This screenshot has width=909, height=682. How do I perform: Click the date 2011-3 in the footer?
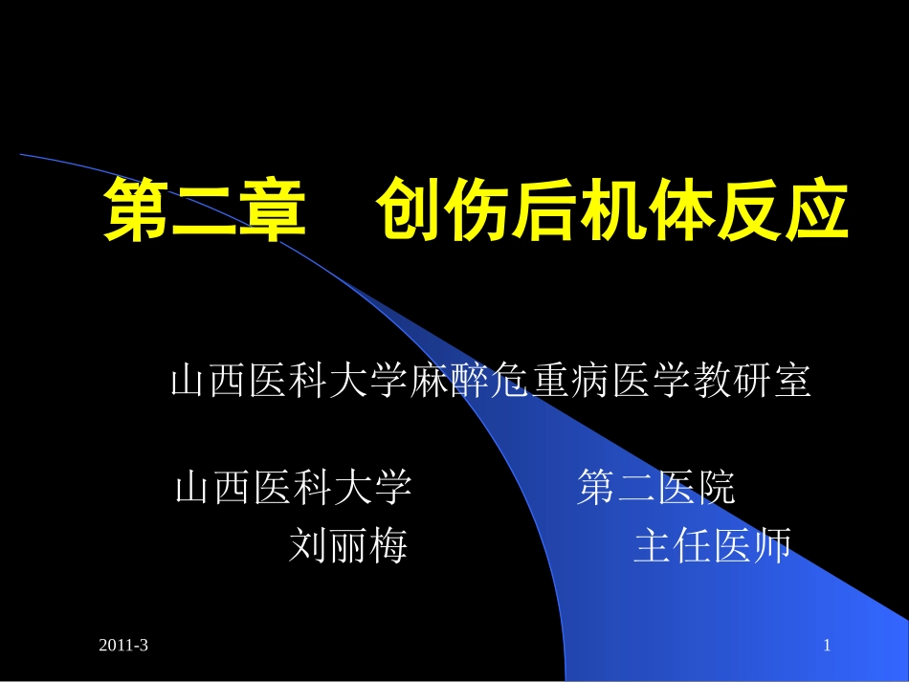pyautogui.click(x=123, y=648)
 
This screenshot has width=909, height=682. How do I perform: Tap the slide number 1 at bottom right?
pyautogui.click(x=828, y=648)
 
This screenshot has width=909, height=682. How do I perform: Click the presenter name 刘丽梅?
pyautogui.click(x=348, y=547)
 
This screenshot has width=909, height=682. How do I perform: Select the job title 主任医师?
pyautogui.click(x=713, y=547)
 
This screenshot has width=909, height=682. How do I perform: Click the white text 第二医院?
pyautogui.click(x=657, y=489)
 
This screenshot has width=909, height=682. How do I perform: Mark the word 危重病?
pyautogui.click(x=555, y=382)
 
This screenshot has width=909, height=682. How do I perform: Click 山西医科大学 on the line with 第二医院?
pyautogui.click(x=294, y=489)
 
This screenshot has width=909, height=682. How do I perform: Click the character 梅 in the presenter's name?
pyautogui.click(x=388, y=547)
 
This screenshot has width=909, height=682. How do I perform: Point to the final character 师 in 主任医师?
pyautogui.click(x=773, y=547)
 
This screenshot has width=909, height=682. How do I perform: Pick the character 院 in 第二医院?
pyautogui.click(x=717, y=489)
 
